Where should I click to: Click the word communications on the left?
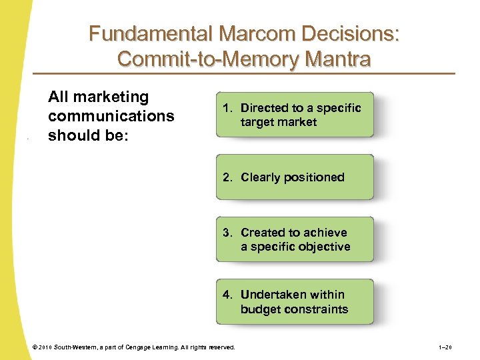[x=111, y=116]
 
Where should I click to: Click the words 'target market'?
[x=279, y=122]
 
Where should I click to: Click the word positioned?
[x=312, y=177]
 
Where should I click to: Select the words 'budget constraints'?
[x=294, y=309]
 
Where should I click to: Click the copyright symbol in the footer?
[x=35, y=347]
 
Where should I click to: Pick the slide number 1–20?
[x=445, y=347]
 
